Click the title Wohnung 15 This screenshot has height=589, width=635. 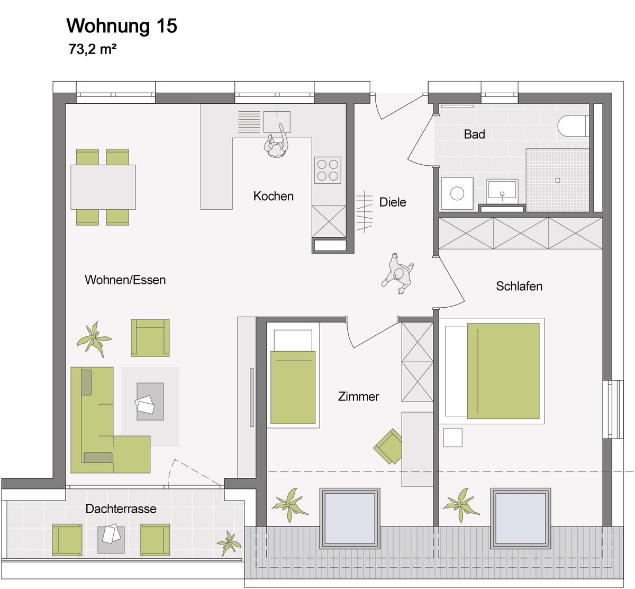[121, 26]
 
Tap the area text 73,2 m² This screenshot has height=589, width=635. [92, 50]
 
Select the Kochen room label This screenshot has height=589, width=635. [273, 197]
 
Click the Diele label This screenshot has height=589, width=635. [393, 202]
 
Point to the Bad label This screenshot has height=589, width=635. [474, 135]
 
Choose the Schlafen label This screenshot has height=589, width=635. [519, 287]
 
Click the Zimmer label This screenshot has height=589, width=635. [358, 397]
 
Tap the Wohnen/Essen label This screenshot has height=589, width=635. [125, 280]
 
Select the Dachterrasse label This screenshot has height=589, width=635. [121, 509]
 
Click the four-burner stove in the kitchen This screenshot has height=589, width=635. [328, 170]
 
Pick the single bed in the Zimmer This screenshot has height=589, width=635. [293, 378]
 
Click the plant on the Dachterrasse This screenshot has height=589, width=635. [229, 543]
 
